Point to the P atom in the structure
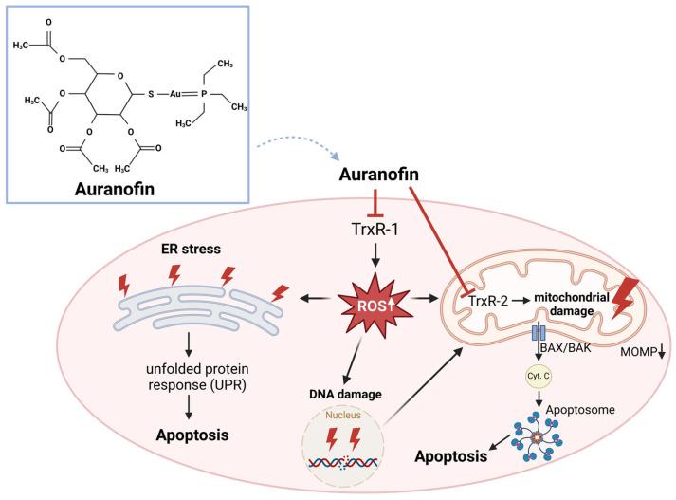click(269, 92)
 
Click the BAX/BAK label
click(570, 349)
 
